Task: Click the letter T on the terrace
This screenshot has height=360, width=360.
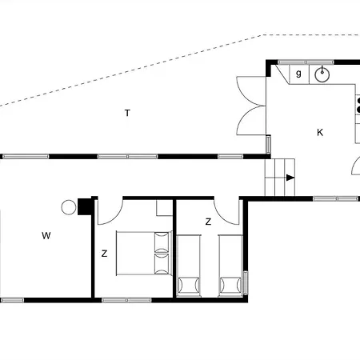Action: [127, 113]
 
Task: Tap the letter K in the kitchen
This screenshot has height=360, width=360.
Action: [319, 132]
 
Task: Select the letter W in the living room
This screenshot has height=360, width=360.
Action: [46, 235]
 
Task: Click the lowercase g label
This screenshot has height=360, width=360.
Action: [298, 74]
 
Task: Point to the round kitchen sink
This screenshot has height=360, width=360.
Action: [323, 75]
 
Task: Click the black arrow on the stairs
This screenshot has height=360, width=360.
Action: [290, 178]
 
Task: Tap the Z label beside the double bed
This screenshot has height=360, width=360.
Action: [104, 254]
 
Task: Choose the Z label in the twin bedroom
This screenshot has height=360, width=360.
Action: [207, 222]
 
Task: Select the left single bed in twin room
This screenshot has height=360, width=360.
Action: [188, 265]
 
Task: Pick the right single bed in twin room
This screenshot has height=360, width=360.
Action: [230, 265]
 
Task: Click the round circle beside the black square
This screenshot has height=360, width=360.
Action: [69, 207]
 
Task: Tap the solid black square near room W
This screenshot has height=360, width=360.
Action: [83, 206]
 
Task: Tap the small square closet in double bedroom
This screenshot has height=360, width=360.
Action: [164, 208]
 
